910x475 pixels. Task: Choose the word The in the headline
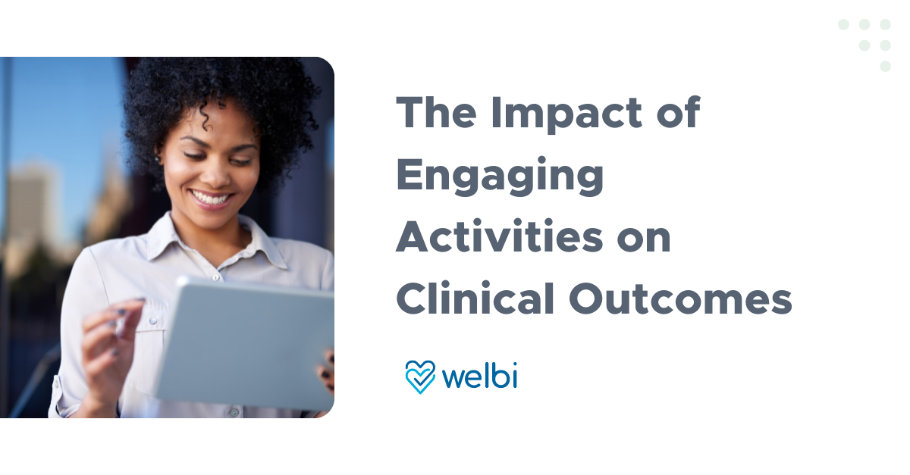tap(435, 114)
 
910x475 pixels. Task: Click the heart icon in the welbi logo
tap(420, 377)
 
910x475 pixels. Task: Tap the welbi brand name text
tap(479, 376)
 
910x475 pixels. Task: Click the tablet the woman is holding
tap(250, 341)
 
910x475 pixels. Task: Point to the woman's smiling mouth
tap(212, 199)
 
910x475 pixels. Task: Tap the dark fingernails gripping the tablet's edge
tap(327, 367)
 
